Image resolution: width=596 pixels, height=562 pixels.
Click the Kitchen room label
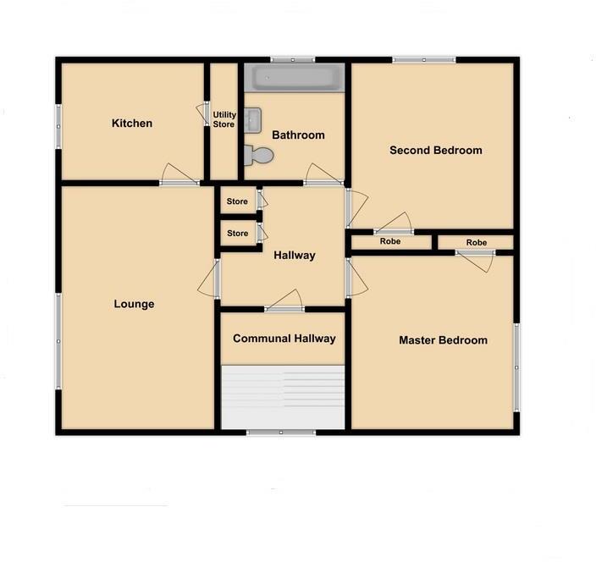[x=132, y=124]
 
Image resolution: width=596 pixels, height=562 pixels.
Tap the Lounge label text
[x=134, y=304]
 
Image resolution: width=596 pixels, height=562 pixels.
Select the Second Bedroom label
[x=435, y=151]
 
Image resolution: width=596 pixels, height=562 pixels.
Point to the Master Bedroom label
[x=443, y=340]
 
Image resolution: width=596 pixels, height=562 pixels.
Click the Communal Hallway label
[x=284, y=339]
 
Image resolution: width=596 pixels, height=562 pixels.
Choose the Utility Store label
[x=224, y=119]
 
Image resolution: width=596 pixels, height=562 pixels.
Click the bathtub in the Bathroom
[x=295, y=80]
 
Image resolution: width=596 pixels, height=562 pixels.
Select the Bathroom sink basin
[x=251, y=120]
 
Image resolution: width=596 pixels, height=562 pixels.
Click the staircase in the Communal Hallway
[x=284, y=397]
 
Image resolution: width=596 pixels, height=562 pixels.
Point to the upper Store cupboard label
[x=237, y=201]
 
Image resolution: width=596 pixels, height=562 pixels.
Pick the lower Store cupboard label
[x=237, y=234]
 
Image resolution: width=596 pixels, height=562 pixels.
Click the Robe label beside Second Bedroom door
[x=390, y=242]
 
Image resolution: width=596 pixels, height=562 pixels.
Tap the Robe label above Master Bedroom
[x=476, y=243]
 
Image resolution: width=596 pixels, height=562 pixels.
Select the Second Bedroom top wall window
[x=424, y=59]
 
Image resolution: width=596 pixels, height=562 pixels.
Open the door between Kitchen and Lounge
[x=179, y=181]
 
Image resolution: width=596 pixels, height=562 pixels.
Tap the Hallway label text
[x=294, y=255]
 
